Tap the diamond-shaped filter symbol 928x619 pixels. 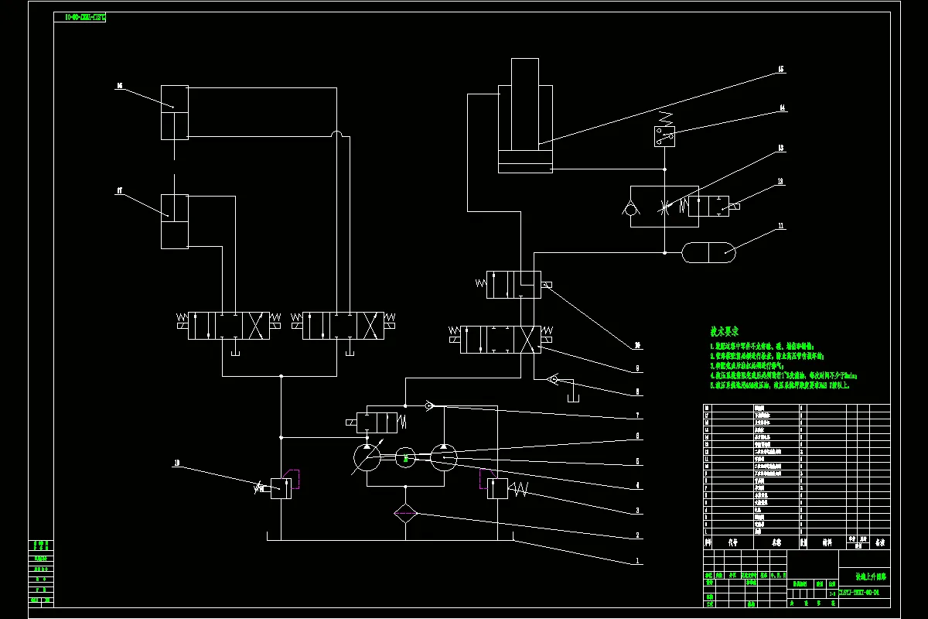click(x=405, y=514)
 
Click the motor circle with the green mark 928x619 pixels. click(x=405, y=459)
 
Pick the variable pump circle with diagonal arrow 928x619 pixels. click(x=367, y=459)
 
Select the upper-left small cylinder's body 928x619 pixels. click(x=175, y=112)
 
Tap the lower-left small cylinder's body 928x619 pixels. click(x=175, y=221)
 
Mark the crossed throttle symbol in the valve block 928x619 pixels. click(x=665, y=207)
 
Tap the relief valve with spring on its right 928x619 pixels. click(x=498, y=488)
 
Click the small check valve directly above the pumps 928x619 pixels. click(x=430, y=405)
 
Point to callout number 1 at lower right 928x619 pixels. click(x=636, y=559)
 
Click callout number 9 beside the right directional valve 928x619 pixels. click(x=636, y=369)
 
